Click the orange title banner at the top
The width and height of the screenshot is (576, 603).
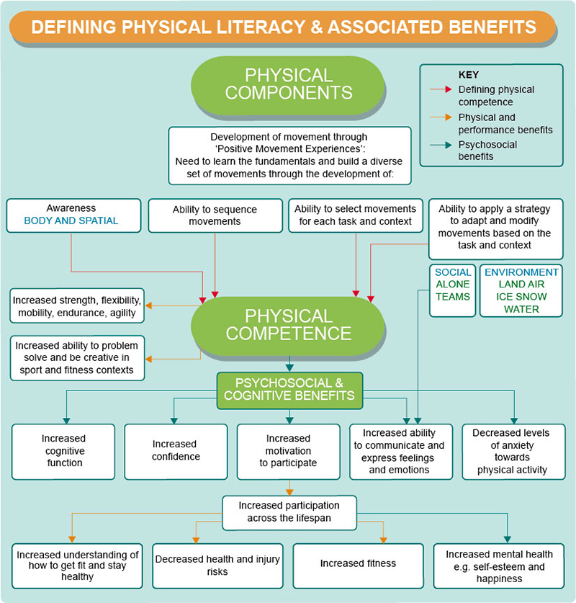(x=288, y=27)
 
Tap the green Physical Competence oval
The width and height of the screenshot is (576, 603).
(x=288, y=325)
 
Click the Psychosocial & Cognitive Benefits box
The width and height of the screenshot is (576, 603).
(x=289, y=389)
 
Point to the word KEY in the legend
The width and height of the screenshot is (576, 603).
(x=469, y=75)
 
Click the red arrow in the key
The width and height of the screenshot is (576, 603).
(x=441, y=90)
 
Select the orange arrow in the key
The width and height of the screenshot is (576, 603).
(x=441, y=117)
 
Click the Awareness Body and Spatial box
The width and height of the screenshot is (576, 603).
(x=71, y=215)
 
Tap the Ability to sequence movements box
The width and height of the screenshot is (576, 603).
(x=215, y=215)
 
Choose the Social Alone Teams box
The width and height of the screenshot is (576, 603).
(x=453, y=290)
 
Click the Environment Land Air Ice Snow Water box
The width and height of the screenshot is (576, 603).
(x=521, y=290)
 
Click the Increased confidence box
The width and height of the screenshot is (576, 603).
(x=176, y=451)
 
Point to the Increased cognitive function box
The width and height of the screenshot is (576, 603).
(x=63, y=451)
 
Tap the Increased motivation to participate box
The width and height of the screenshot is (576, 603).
(x=288, y=451)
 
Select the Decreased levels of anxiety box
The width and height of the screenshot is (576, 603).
(x=513, y=451)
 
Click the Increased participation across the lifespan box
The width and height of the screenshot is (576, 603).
(x=290, y=512)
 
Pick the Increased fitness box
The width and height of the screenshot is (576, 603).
(x=358, y=563)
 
